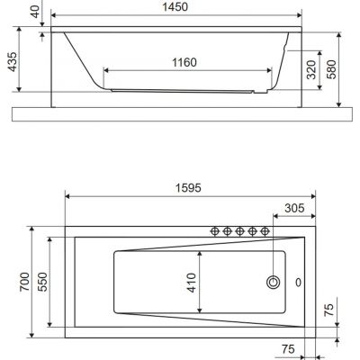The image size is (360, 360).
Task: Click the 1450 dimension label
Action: pos(175,7)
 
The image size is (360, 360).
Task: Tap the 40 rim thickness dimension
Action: pos(36,12)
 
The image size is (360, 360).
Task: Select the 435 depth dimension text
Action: pos(13,62)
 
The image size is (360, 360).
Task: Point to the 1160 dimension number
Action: pos(184,62)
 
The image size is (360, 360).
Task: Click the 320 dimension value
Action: pos(311,70)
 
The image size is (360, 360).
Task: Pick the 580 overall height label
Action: pos(331,69)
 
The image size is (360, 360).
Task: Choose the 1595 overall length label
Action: pos(188,188)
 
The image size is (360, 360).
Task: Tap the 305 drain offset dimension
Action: pos(294,208)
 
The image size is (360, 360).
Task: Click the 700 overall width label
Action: pos(24,282)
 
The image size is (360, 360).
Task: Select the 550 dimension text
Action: pos(42,282)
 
